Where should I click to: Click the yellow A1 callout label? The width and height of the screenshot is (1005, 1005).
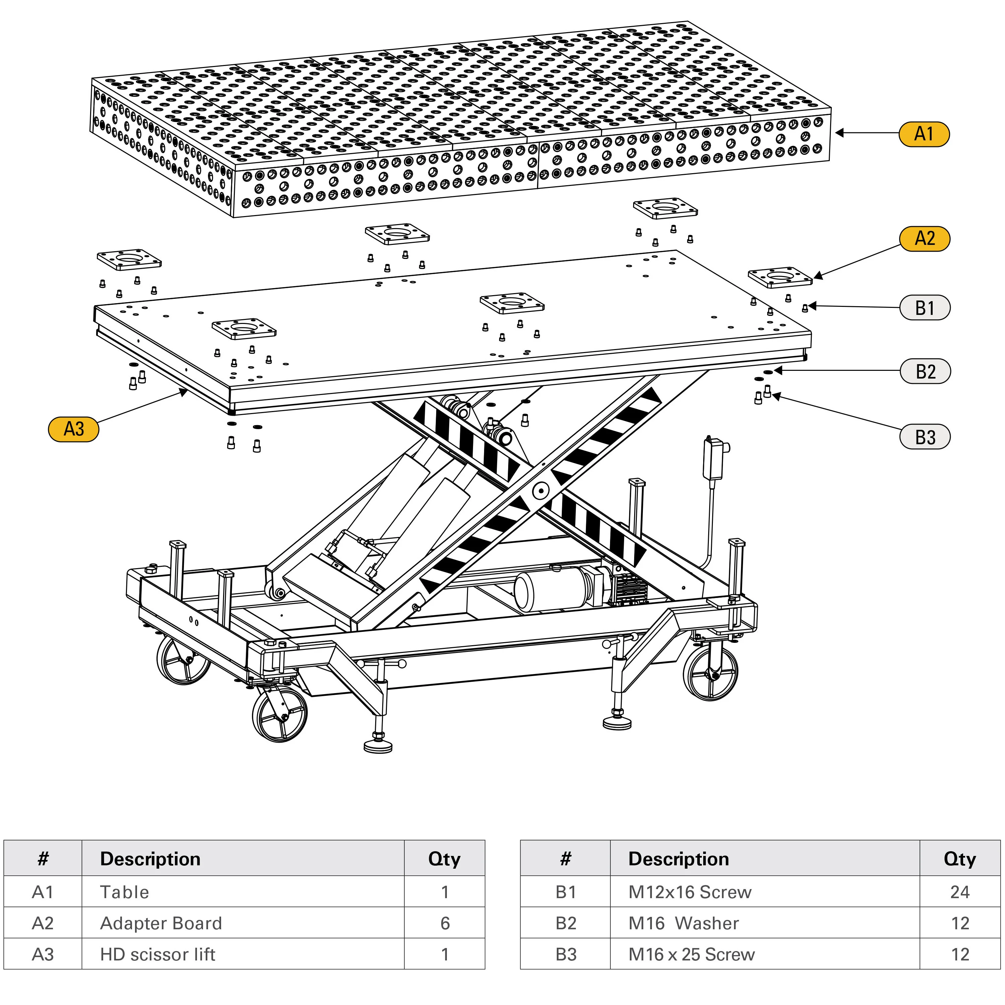point(924,134)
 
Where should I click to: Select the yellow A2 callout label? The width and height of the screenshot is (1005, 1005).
point(924,239)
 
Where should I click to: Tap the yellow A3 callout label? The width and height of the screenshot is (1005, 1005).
point(73,429)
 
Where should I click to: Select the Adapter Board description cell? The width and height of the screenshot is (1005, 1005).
point(161,923)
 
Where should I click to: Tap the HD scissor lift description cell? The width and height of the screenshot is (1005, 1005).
point(157,954)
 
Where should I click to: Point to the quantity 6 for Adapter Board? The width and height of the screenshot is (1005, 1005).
point(445,923)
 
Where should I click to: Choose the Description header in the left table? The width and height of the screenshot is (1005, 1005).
point(150,859)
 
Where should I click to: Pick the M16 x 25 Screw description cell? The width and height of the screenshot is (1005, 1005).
point(691,954)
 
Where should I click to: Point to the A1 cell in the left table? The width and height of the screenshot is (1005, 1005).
point(43,892)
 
